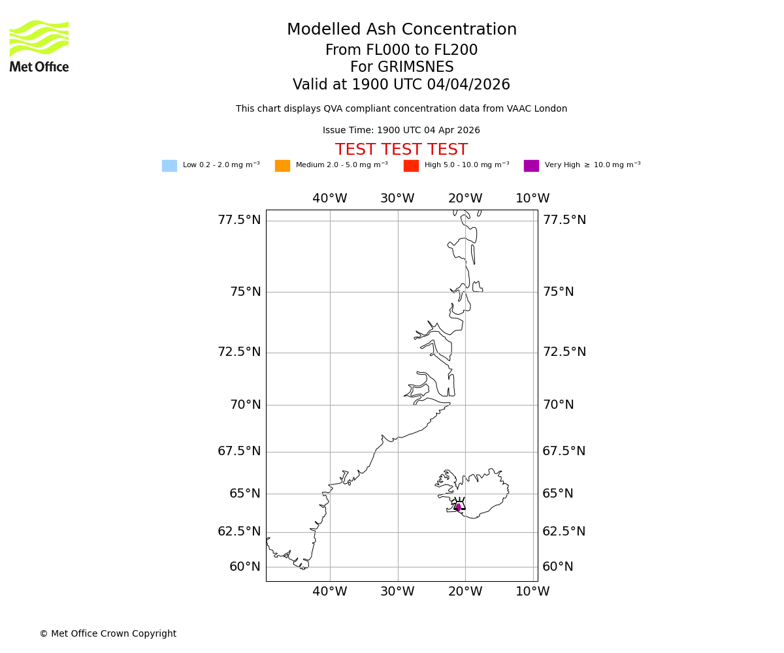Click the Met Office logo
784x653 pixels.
39,46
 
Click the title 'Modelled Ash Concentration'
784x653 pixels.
402,30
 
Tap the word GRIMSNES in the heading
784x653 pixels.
402,67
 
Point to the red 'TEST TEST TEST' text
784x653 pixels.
402,150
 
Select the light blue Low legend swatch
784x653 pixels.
169,166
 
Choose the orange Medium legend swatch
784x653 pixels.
282,166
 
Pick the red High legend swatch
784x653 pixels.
411,166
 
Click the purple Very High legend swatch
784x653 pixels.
531,166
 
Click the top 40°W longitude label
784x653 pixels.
330,199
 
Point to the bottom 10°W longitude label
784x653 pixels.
533,592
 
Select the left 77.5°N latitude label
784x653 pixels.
239,220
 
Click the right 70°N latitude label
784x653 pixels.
559,405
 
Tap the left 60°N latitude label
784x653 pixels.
245,567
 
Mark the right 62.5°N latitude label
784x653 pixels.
564,532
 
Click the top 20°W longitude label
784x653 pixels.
465,199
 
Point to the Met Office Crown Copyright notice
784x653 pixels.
108,633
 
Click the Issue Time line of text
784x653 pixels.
401,131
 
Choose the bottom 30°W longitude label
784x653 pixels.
397,592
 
